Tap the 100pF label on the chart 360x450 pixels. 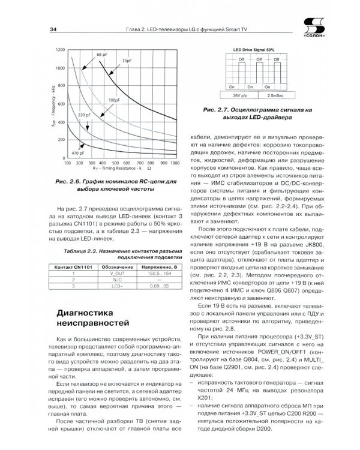(115, 100)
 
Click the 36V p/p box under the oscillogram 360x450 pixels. (242, 95)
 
